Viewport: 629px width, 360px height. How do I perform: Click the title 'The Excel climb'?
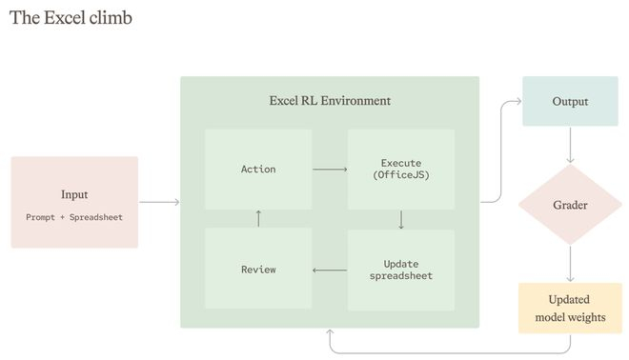71,18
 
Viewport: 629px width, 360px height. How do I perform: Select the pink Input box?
74,202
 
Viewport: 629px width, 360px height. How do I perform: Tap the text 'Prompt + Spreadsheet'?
74,217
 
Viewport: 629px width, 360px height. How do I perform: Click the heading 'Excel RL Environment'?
330,101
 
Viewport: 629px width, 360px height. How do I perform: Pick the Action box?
258,170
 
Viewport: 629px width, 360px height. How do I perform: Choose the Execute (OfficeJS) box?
401,170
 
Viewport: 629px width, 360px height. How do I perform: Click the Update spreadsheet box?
401,270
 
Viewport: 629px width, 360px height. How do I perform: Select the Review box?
258,269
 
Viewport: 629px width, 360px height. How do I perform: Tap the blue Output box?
570,101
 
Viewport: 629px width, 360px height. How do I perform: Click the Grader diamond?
570,205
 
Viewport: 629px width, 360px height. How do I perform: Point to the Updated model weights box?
570,308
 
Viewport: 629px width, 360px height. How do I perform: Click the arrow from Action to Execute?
330,170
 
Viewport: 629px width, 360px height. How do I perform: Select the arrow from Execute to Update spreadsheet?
401,220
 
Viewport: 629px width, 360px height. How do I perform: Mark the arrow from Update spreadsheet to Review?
330,270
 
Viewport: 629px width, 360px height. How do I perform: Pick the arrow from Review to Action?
258,218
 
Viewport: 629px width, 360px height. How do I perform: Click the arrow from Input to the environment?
159,202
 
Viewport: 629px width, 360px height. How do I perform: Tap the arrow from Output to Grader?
570,145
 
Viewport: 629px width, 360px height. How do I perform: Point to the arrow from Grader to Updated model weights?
570,264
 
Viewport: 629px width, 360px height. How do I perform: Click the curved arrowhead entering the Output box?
518,101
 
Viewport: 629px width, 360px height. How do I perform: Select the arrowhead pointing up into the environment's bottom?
330,332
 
